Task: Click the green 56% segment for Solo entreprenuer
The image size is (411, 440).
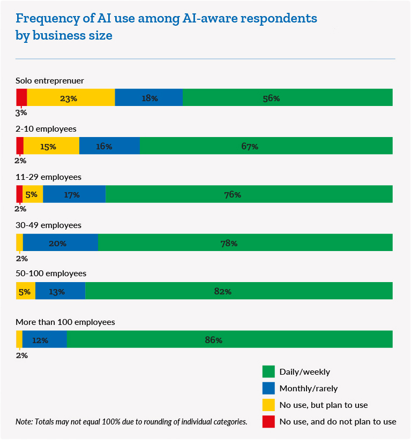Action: click(288, 98)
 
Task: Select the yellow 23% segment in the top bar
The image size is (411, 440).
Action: click(71, 98)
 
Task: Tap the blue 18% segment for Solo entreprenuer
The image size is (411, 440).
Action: click(149, 98)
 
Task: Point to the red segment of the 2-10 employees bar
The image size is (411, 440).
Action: click(20, 146)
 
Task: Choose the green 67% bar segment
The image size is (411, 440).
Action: click(266, 146)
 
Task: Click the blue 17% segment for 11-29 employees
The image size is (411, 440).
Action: click(74, 194)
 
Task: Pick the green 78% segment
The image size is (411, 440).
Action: click(245, 242)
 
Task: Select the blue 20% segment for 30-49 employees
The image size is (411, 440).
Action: click(61, 242)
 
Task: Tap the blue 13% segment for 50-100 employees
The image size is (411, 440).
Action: click(61, 291)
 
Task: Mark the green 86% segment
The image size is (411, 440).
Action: click(230, 339)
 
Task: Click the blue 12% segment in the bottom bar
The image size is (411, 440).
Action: click(44, 339)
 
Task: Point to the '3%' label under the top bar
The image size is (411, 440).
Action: click(21, 113)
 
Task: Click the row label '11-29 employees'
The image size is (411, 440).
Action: click(49, 177)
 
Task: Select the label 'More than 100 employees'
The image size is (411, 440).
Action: click(65, 322)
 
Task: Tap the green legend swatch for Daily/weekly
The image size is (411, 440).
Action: click(268, 371)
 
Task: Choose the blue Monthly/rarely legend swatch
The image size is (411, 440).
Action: click(268, 388)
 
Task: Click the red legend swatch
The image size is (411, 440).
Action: click(268, 421)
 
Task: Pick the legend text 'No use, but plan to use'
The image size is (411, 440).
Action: click(324, 405)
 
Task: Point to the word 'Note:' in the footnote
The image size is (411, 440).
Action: click(24, 422)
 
